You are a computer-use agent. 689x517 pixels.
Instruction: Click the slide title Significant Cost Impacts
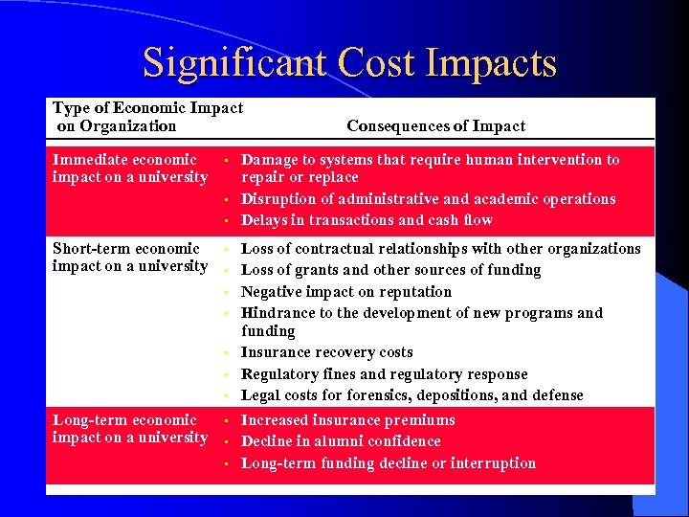[349, 63]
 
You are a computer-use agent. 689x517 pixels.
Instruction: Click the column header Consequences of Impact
[435, 126]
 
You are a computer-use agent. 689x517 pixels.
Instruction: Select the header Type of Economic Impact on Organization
[147, 117]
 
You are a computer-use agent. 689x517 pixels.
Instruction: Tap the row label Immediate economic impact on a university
[129, 169]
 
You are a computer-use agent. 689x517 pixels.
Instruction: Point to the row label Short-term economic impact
[129, 258]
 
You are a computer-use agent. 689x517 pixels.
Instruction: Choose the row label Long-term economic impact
[129, 429]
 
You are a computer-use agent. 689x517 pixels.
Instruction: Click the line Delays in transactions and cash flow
[367, 220]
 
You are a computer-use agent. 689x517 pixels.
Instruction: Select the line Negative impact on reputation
[345, 292]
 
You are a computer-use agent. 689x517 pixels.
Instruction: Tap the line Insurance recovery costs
[326, 352]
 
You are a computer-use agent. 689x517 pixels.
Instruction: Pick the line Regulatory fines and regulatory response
[384, 374]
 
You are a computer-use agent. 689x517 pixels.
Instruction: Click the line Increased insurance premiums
[347, 420]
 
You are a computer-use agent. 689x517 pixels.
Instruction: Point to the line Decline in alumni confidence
[341, 441]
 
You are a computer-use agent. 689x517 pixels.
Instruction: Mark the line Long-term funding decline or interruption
[388, 463]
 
